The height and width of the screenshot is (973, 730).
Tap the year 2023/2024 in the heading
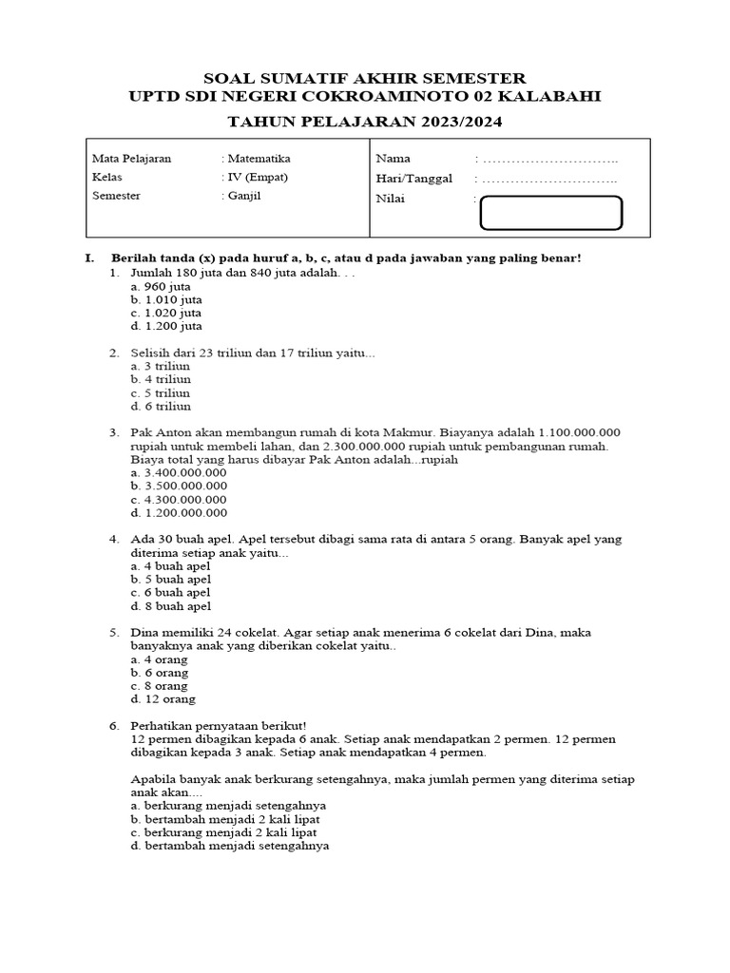point(446,123)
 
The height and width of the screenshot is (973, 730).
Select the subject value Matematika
point(259,159)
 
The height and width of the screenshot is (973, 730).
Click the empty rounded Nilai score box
point(551,214)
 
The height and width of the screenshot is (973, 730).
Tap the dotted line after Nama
point(551,159)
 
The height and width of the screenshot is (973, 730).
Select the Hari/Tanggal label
point(414,178)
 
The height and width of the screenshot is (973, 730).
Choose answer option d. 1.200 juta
point(166,326)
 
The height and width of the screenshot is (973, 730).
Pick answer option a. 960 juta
point(161,286)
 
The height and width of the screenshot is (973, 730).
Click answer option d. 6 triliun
point(161,406)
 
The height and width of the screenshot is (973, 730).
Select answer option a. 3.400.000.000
point(179,472)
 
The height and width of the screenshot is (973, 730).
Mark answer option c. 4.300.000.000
point(179,499)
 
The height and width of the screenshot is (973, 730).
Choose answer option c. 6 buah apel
point(171,592)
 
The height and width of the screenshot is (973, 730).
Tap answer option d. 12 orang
point(163,698)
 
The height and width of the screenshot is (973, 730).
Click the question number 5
point(113,632)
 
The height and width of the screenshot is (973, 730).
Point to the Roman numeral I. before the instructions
point(89,258)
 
